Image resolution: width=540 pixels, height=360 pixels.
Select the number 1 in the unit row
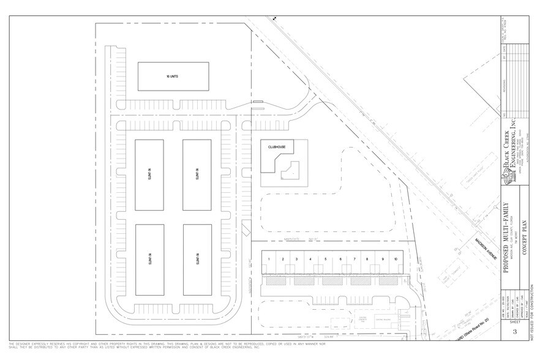point(269,260)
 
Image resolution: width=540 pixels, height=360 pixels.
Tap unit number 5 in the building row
point(325,260)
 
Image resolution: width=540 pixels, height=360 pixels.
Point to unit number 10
point(396,260)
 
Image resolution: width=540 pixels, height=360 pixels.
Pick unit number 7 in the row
point(354,260)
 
